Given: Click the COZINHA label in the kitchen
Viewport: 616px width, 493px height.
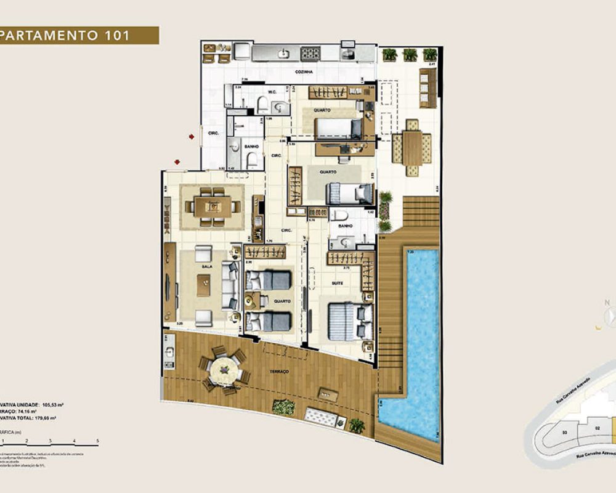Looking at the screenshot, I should tap(303, 72).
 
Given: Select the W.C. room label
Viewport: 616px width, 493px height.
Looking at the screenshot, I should tap(271, 91).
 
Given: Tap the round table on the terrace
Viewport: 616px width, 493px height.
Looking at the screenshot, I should tap(224, 370).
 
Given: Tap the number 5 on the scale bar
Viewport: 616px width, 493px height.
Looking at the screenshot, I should tap(98, 441).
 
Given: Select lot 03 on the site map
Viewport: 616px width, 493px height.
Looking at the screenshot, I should tap(564, 433).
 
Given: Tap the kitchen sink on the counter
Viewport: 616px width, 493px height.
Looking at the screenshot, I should tap(284, 54).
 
